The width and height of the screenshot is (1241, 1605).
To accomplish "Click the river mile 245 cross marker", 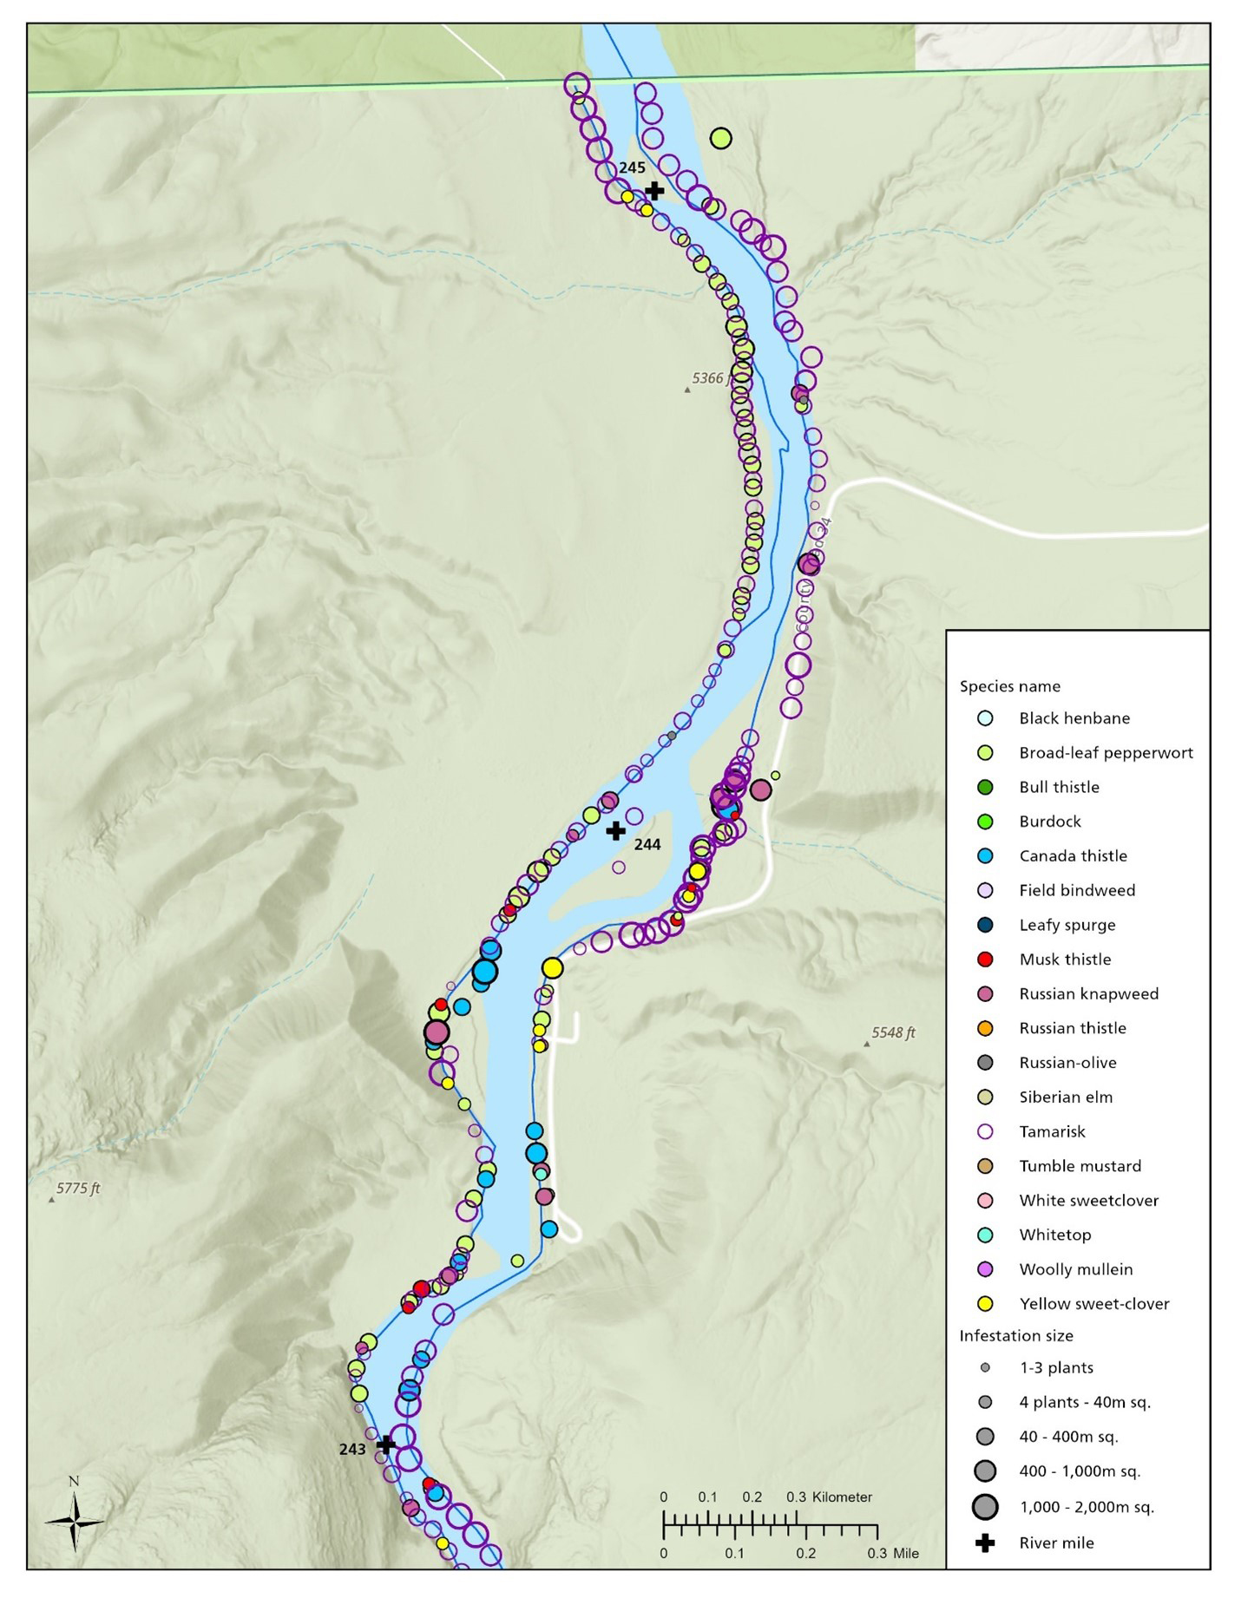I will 655,190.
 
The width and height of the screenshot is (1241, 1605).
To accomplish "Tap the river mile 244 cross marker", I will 615,830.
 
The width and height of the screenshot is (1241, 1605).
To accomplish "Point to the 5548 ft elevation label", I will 893,1032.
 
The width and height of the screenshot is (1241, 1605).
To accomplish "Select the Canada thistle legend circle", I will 984,855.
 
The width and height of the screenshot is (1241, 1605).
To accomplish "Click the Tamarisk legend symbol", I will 984,1131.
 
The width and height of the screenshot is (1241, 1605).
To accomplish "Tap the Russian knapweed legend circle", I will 984,993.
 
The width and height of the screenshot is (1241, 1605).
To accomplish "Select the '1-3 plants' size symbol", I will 984,1367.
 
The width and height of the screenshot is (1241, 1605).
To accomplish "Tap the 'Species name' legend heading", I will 1009,686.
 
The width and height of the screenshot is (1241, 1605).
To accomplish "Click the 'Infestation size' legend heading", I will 1015,1335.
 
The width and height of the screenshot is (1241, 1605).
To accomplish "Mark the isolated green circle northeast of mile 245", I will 720,137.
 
